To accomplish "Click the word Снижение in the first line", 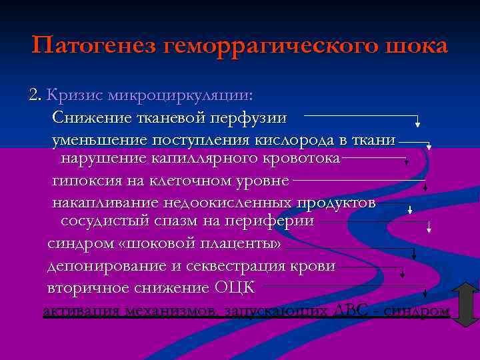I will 89,118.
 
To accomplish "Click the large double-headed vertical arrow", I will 466,303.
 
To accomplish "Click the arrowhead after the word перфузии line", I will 417,123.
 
